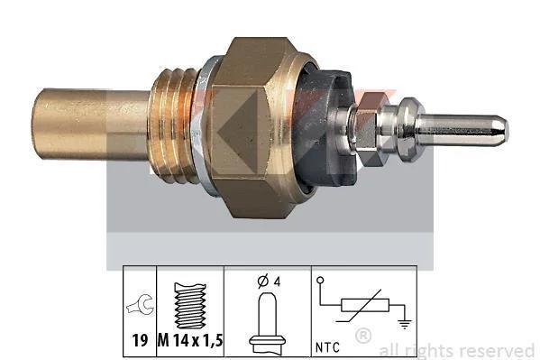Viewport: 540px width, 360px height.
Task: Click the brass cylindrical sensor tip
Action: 91,125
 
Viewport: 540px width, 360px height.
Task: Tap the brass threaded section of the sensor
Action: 173,125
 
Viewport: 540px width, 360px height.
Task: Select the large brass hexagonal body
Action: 257,127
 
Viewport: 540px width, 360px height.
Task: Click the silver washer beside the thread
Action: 206,125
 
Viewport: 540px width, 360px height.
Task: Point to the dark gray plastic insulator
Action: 324,128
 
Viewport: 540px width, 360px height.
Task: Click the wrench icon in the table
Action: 140,304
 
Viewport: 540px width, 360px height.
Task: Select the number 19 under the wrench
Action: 140,341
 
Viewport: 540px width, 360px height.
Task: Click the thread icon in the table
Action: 190,306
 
